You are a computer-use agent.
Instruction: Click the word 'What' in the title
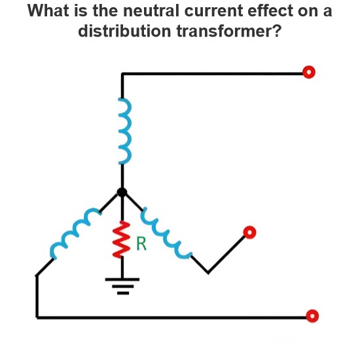[x=48, y=10]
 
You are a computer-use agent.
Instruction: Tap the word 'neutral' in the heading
[x=151, y=10]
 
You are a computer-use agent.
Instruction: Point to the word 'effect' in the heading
[x=270, y=10]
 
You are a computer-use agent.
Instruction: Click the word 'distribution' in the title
[x=124, y=31]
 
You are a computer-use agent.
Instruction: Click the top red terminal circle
[x=309, y=72]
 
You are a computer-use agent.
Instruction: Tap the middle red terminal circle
[x=249, y=232]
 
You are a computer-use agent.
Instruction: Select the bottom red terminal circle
[x=312, y=316]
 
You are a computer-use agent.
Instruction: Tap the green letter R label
[x=141, y=243]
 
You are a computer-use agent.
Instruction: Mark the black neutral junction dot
[x=122, y=192]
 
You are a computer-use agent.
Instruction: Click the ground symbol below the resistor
[x=122, y=286]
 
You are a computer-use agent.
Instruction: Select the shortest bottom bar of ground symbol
[x=123, y=293]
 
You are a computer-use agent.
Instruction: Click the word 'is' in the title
[x=81, y=10]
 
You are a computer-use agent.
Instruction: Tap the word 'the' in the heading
[x=105, y=10]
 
